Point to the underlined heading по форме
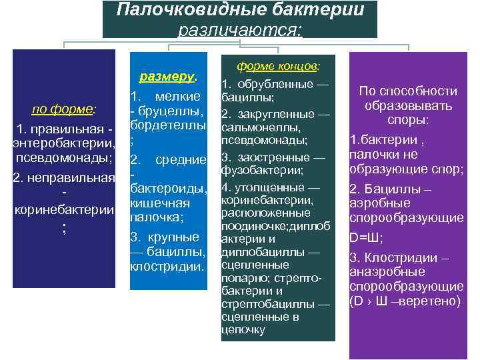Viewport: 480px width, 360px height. pyautogui.click(x=63, y=109)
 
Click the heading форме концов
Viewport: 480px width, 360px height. pyautogui.click(x=278, y=67)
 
